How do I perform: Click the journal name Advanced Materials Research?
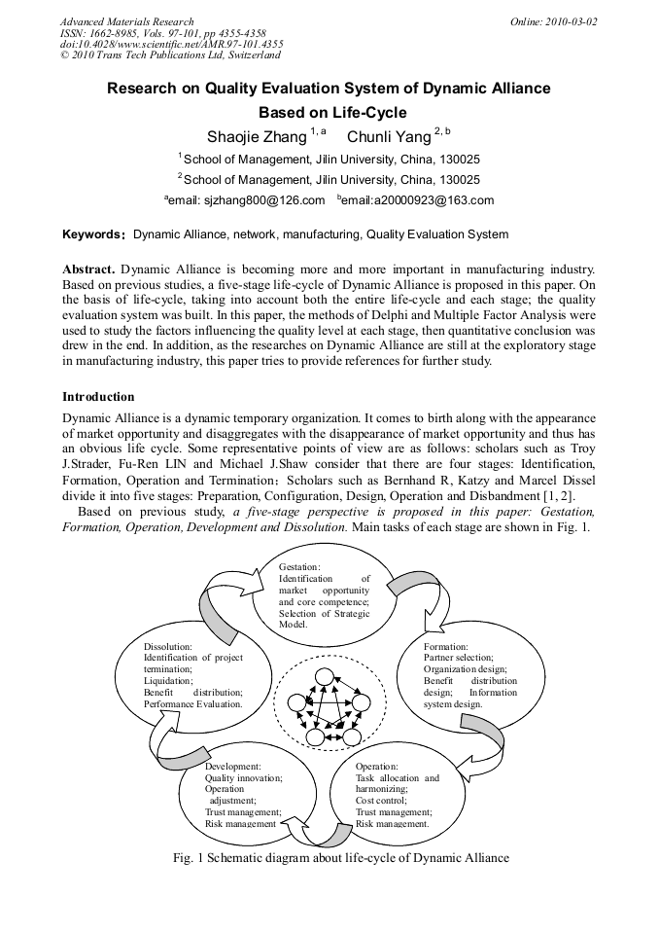[126, 20]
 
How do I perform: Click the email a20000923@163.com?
[419, 200]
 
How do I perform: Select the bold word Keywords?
[92, 234]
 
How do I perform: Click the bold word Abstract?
[88, 268]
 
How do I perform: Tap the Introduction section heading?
[98, 397]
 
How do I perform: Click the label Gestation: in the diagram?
[299, 566]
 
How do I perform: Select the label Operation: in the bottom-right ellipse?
[378, 767]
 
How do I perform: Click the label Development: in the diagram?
[233, 767]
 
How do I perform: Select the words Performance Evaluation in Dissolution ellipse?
[192, 703]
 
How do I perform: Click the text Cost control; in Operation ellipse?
[383, 800]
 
